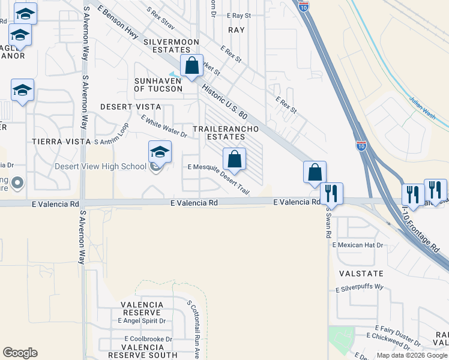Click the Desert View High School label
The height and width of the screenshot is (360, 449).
pos(100,167)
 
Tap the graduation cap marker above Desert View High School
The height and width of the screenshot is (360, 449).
pos(160,152)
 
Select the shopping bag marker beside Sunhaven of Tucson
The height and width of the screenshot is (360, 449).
pos(192,67)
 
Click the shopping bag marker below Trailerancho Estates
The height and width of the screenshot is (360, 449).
pos(235,160)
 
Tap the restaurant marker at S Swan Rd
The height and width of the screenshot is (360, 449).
pos(331,194)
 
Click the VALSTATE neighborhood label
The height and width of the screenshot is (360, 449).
pos(361,273)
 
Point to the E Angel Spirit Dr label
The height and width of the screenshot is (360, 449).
pos(142,321)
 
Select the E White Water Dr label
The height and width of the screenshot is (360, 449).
pos(164,127)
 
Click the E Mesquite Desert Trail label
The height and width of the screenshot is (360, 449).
pos(218,178)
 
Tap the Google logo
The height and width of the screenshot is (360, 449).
pos(20,353)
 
